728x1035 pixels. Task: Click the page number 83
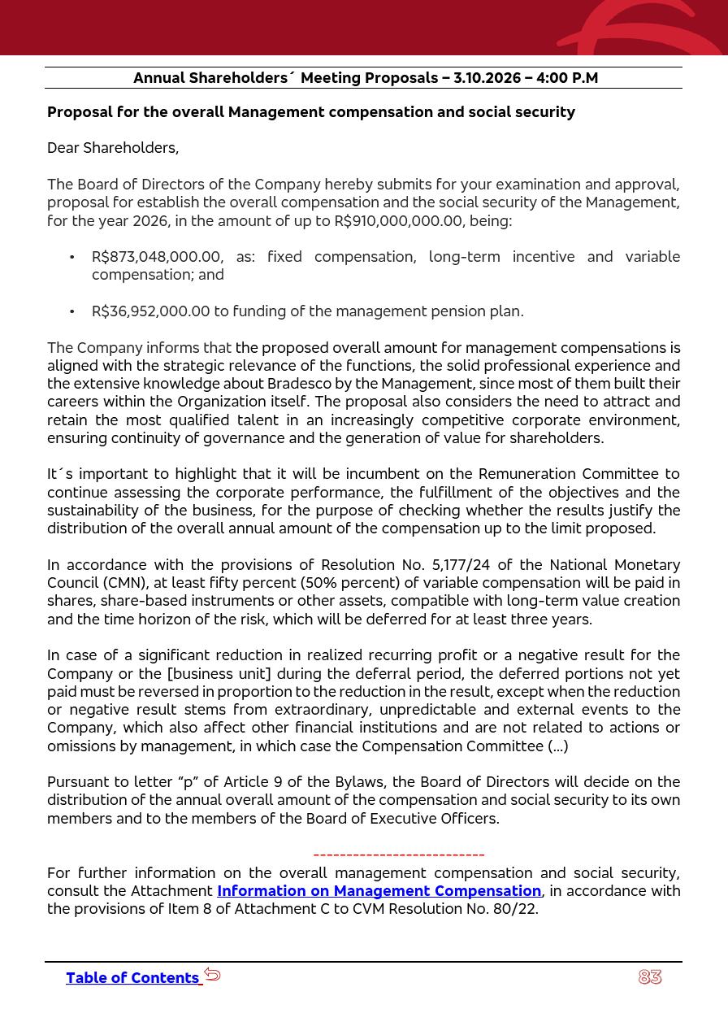[650, 977]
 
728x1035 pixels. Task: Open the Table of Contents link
[132, 978]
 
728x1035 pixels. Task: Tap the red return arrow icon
[212, 974]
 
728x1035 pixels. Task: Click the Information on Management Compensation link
[379, 891]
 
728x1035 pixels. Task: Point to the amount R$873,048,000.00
[155, 257]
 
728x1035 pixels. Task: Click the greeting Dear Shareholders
[113, 148]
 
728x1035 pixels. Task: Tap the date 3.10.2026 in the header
[487, 78]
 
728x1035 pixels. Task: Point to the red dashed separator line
[399, 855]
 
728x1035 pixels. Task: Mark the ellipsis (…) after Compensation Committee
[558, 746]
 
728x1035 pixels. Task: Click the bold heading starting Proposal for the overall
[311, 112]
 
